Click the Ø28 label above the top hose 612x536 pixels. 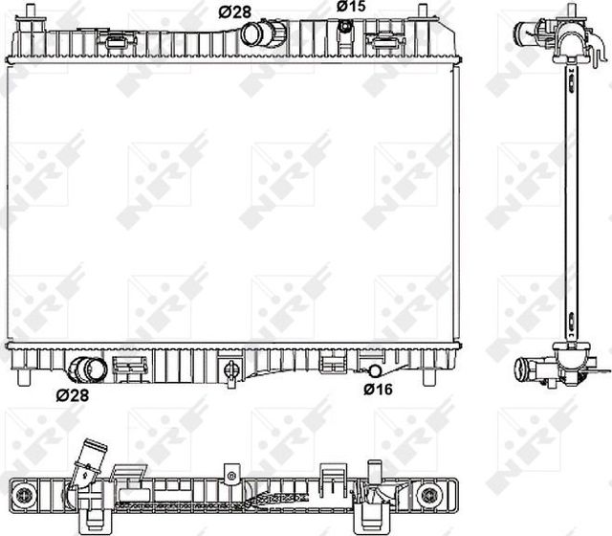coord(235,11)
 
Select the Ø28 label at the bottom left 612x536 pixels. coord(73,394)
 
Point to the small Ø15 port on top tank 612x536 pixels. coord(343,27)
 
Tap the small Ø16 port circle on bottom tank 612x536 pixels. coord(375,370)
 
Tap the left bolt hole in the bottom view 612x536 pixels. coord(28,492)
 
